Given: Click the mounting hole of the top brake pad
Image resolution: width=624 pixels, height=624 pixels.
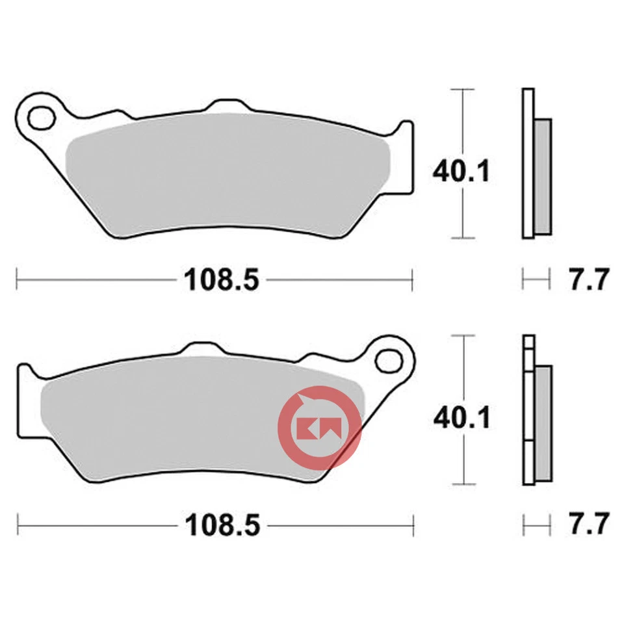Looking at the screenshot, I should (x=44, y=118).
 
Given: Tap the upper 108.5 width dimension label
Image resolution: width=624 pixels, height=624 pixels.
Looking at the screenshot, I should (x=222, y=281).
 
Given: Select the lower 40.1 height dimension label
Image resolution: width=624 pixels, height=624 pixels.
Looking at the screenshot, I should (x=461, y=418).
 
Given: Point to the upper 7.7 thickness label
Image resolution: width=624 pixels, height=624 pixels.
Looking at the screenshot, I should (x=588, y=280).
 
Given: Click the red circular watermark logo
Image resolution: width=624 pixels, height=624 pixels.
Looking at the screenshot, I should (x=318, y=427).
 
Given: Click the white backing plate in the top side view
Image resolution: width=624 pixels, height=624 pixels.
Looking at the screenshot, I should (x=527, y=162).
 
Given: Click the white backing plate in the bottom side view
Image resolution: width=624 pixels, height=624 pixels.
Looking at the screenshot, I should (x=527, y=416).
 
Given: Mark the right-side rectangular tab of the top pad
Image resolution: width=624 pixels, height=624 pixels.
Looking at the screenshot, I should (x=405, y=156).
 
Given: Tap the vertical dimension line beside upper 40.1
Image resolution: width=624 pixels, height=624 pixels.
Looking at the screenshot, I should (x=462, y=214).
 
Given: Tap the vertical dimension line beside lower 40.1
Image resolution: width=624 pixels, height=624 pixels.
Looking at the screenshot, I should (x=462, y=461).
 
